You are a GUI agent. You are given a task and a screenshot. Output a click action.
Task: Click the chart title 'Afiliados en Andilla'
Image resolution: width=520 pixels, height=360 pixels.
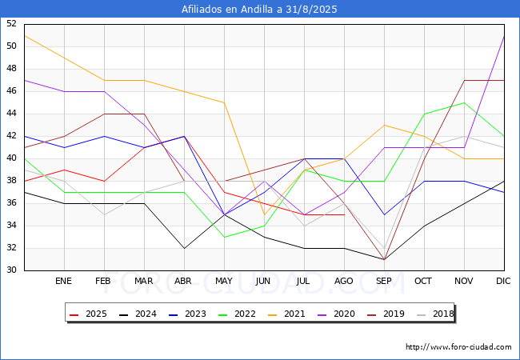(x=260, y=10)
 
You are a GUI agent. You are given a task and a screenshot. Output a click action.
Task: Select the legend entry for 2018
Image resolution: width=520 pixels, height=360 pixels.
(x=430, y=314)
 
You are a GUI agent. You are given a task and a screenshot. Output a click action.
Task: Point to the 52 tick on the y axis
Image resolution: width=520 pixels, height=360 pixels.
(x=11, y=24)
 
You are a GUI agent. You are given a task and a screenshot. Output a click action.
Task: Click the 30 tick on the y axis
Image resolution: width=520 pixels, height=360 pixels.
(x=11, y=270)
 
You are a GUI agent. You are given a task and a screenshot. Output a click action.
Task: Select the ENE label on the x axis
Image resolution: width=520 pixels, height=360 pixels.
(x=64, y=282)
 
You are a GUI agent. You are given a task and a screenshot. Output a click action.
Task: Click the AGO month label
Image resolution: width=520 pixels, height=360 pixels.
(x=344, y=282)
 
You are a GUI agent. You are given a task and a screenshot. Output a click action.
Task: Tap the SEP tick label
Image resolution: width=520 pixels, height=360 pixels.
(x=384, y=282)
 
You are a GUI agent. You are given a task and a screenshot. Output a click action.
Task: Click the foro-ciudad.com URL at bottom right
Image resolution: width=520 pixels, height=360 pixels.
(x=458, y=347)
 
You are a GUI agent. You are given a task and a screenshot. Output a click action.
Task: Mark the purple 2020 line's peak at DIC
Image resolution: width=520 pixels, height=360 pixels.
(x=504, y=36)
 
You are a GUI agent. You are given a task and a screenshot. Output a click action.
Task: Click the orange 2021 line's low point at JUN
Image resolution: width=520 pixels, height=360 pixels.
(x=264, y=214)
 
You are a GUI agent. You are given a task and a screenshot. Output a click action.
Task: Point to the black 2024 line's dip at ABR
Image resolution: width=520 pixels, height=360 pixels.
(x=184, y=248)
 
